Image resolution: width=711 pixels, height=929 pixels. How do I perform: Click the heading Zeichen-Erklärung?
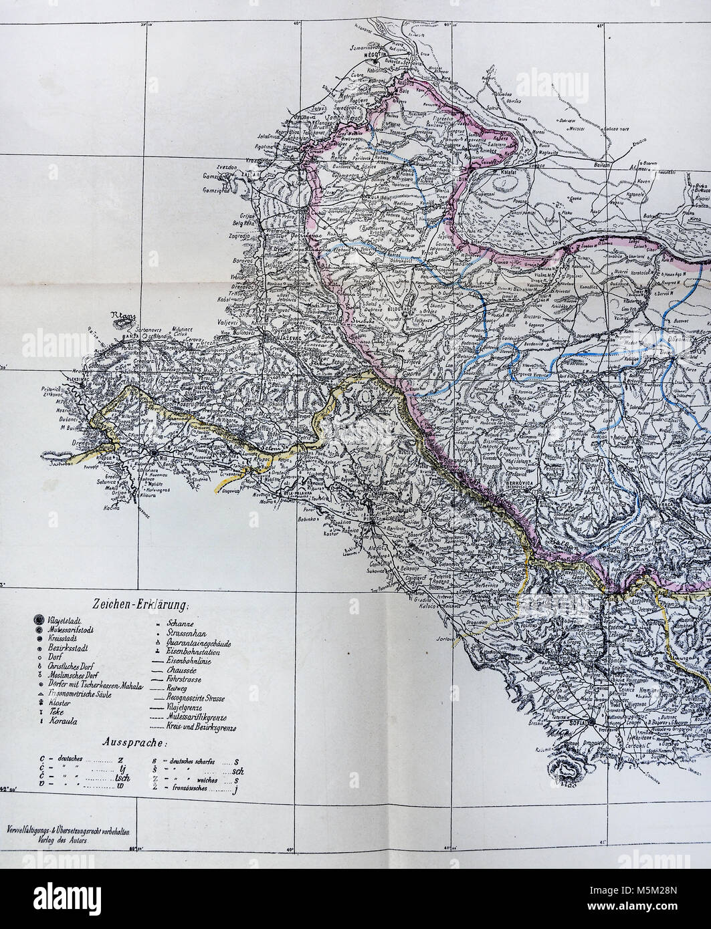coord(143,606)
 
